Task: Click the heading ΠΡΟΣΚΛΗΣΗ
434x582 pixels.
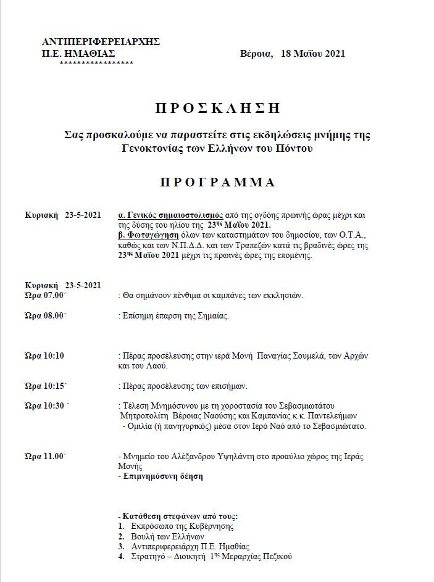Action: [x=217, y=109]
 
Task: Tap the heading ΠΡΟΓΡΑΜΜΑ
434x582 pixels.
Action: [x=217, y=183]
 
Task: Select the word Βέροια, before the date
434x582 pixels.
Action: [x=256, y=54]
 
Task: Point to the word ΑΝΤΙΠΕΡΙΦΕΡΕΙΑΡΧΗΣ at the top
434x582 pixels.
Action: [x=101, y=41]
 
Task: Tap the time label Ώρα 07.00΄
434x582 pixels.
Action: [x=46, y=296]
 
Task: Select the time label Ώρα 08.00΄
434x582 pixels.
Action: [x=46, y=316]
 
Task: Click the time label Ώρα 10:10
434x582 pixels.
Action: [x=44, y=356]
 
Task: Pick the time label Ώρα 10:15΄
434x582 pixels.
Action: [x=46, y=386]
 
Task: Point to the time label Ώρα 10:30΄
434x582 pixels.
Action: [x=47, y=405]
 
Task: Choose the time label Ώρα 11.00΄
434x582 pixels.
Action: [x=46, y=456]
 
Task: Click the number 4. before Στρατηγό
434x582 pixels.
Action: [x=121, y=557]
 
